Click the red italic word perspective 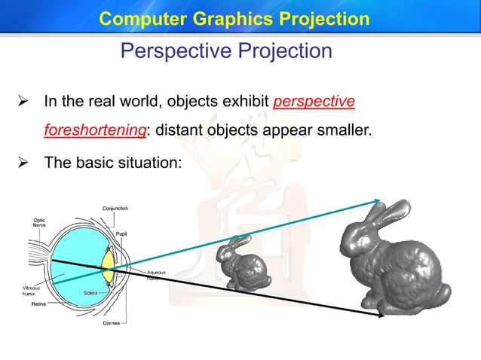[314, 101]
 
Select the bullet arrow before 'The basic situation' [23, 161]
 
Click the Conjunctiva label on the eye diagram [115, 208]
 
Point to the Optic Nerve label [39, 222]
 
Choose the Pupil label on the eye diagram [120, 235]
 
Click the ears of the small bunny [240, 242]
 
